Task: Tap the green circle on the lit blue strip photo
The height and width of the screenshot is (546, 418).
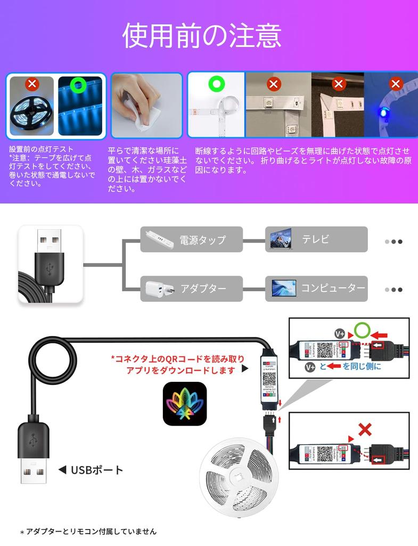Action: pyautogui.click(x=79, y=84)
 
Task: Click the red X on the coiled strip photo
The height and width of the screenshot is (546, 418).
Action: pyautogui.click(x=32, y=84)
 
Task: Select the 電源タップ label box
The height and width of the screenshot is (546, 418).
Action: pyautogui.click(x=191, y=239)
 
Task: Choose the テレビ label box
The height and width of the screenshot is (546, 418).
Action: pyautogui.click(x=316, y=239)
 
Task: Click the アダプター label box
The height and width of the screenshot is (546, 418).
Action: pyautogui.click(x=191, y=288)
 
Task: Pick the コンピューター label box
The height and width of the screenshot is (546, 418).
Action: pyautogui.click(x=316, y=288)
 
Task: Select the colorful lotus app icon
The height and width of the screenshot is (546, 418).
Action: pyautogui.click(x=184, y=404)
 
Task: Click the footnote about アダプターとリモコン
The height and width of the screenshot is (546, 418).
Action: pyautogui.click(x=88, y=531)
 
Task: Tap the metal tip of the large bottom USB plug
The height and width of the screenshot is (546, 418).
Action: pyautogui.click(x=34, y=470)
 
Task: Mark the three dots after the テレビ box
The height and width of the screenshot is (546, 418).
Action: pyautogui.click(x=394, y=241)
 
